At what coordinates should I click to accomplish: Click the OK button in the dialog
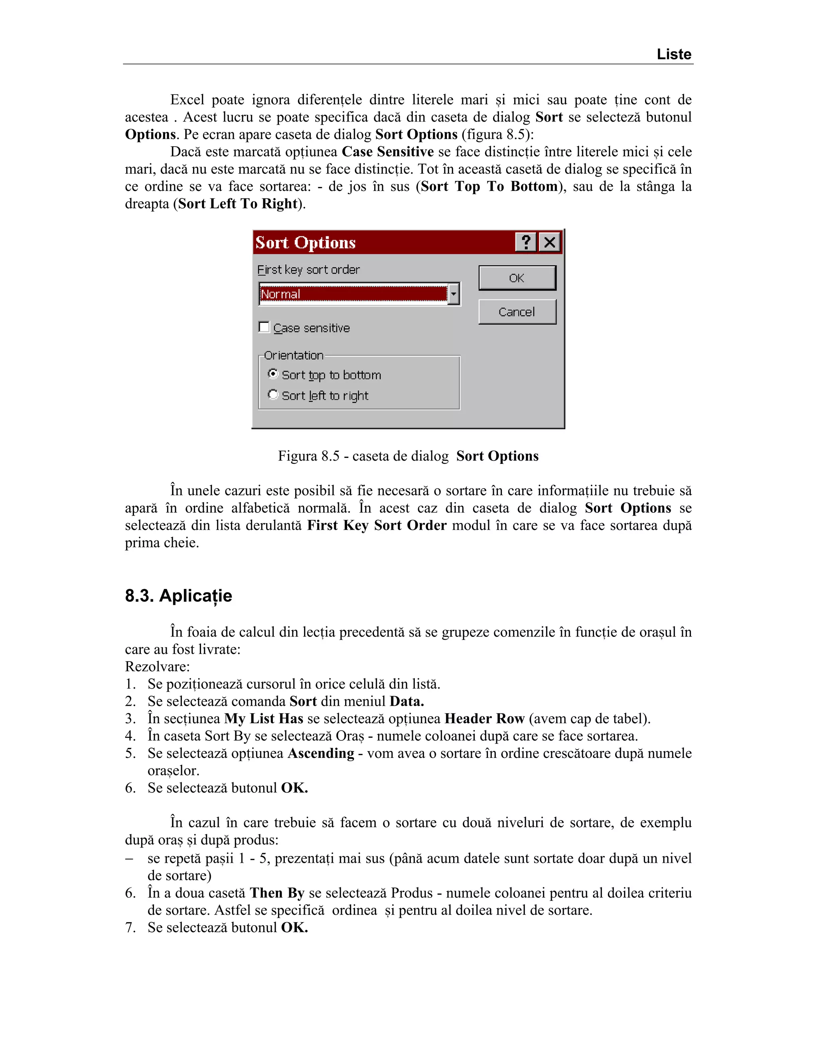pyautogui.click(x=517, y=278)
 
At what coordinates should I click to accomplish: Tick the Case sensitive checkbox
pyautogui.click(x=264, y=327)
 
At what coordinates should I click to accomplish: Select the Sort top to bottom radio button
pyautogui.click(x=273, y=374)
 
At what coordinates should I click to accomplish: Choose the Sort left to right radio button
pyautogui.click(x=273, y=395)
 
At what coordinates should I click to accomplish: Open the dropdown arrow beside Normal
pyautogui.click(x=454, y=294)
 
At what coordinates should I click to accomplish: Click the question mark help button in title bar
pyautogui.click(x=526, y=242)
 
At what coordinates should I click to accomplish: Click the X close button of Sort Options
pyautogui.click(x=550, y=242)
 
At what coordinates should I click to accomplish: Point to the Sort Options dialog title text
pyautogui.click(x=306, y=242)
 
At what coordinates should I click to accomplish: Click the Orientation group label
pyautogui.click(x=293, y=355)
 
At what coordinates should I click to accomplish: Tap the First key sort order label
pyautogui.click(x=308, y=270)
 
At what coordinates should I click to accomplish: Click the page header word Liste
pyautogui.click(x=674, y=54)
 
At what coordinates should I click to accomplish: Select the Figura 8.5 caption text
pyautogui.click(x=408, y=456)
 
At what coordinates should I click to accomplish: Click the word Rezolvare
pyautogui.click(x=157, y=667)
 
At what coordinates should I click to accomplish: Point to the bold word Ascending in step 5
pyautogui.click(x=321, y=753)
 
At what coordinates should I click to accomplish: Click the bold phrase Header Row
pyautogui.click(x=484, y=718)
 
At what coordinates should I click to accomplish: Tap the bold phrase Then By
pyautogui.click(x=277, y=893)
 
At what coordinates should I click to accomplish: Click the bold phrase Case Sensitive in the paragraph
pyautogui.click(x=387, y=152)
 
